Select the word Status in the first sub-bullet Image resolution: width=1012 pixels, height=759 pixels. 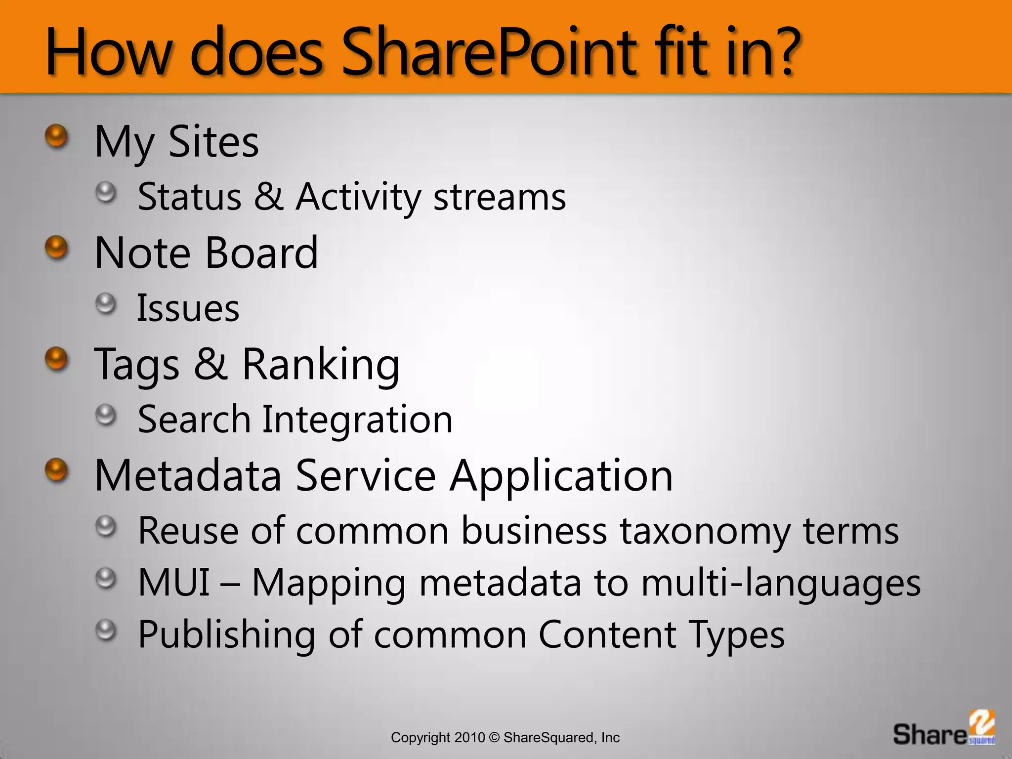[x=189, y=197]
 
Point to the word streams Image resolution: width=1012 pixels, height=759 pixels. [x=500, y=197]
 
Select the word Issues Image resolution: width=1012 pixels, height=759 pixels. [x=188, y=308]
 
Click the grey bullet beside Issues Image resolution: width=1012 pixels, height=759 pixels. [x=106, y=303]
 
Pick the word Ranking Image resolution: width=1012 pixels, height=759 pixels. [x=321, y=365]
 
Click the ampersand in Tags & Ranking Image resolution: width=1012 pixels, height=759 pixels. [x=211, y=364]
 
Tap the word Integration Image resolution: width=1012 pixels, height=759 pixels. [x=357, y=419]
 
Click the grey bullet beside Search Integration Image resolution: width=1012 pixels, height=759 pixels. [x=106, y=415]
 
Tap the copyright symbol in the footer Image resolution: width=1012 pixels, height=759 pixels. [x=494, y=738]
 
